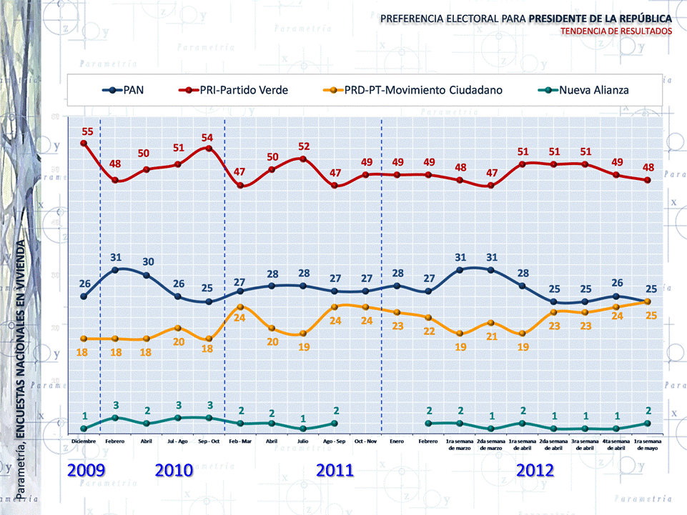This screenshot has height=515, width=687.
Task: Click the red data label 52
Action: point(304,146)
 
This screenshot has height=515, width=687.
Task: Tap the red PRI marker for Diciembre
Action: point(84,143)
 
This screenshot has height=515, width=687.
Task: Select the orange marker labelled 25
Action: point(648,302)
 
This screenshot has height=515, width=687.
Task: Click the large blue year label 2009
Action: point(87,470)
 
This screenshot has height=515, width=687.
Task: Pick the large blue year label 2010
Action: point(174,470)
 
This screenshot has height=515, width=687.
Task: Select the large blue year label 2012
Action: point(535,470)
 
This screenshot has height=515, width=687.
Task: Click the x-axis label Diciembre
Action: point(84,441)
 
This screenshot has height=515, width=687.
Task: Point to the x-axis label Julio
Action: point(302,441)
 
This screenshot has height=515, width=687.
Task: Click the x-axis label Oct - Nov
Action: point(365,441)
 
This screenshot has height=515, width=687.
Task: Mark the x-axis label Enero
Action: point(397,441)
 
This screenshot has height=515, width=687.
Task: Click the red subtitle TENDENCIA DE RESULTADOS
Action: point(616,31)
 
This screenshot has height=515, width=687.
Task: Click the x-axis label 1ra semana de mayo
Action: point(647,444)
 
